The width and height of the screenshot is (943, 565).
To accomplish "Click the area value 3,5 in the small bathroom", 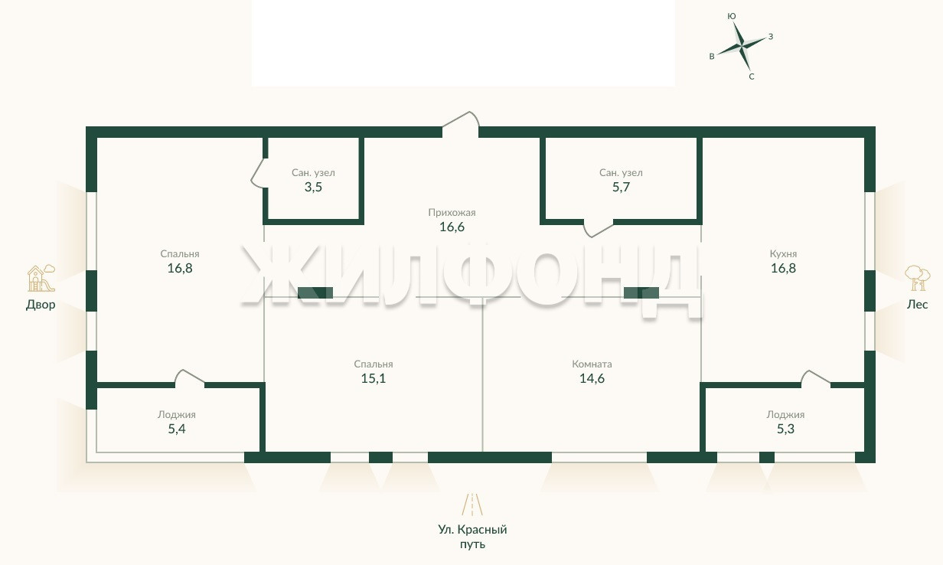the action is point(313,188).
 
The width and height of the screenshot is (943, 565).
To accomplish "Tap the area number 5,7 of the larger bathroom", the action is point(621,188).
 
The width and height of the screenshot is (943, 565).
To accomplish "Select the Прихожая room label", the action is point(452,213).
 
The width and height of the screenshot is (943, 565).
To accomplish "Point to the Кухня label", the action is point(783,254).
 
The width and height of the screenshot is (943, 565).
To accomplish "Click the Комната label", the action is point(592,364).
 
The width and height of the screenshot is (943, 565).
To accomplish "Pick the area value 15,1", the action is point(374,378).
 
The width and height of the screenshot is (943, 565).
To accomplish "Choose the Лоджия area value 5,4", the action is point(177,429).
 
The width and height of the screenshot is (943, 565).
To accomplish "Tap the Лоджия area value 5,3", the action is point(785,429).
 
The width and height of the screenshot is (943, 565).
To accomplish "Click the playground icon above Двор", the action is point(41,279).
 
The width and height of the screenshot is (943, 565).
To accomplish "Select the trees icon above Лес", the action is point(917,278).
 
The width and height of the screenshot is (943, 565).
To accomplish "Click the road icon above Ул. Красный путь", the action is point(472,505).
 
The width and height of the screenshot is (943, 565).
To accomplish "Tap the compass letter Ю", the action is point(732,16).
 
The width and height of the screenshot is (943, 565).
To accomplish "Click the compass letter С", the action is point(752,77).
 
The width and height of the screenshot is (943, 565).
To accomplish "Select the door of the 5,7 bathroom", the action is point(598,230).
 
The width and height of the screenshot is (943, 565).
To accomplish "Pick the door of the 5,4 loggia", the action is point(191,376).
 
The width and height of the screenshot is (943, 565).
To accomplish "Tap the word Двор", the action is point(41,305).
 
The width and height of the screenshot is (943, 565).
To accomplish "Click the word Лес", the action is point(917,304).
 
